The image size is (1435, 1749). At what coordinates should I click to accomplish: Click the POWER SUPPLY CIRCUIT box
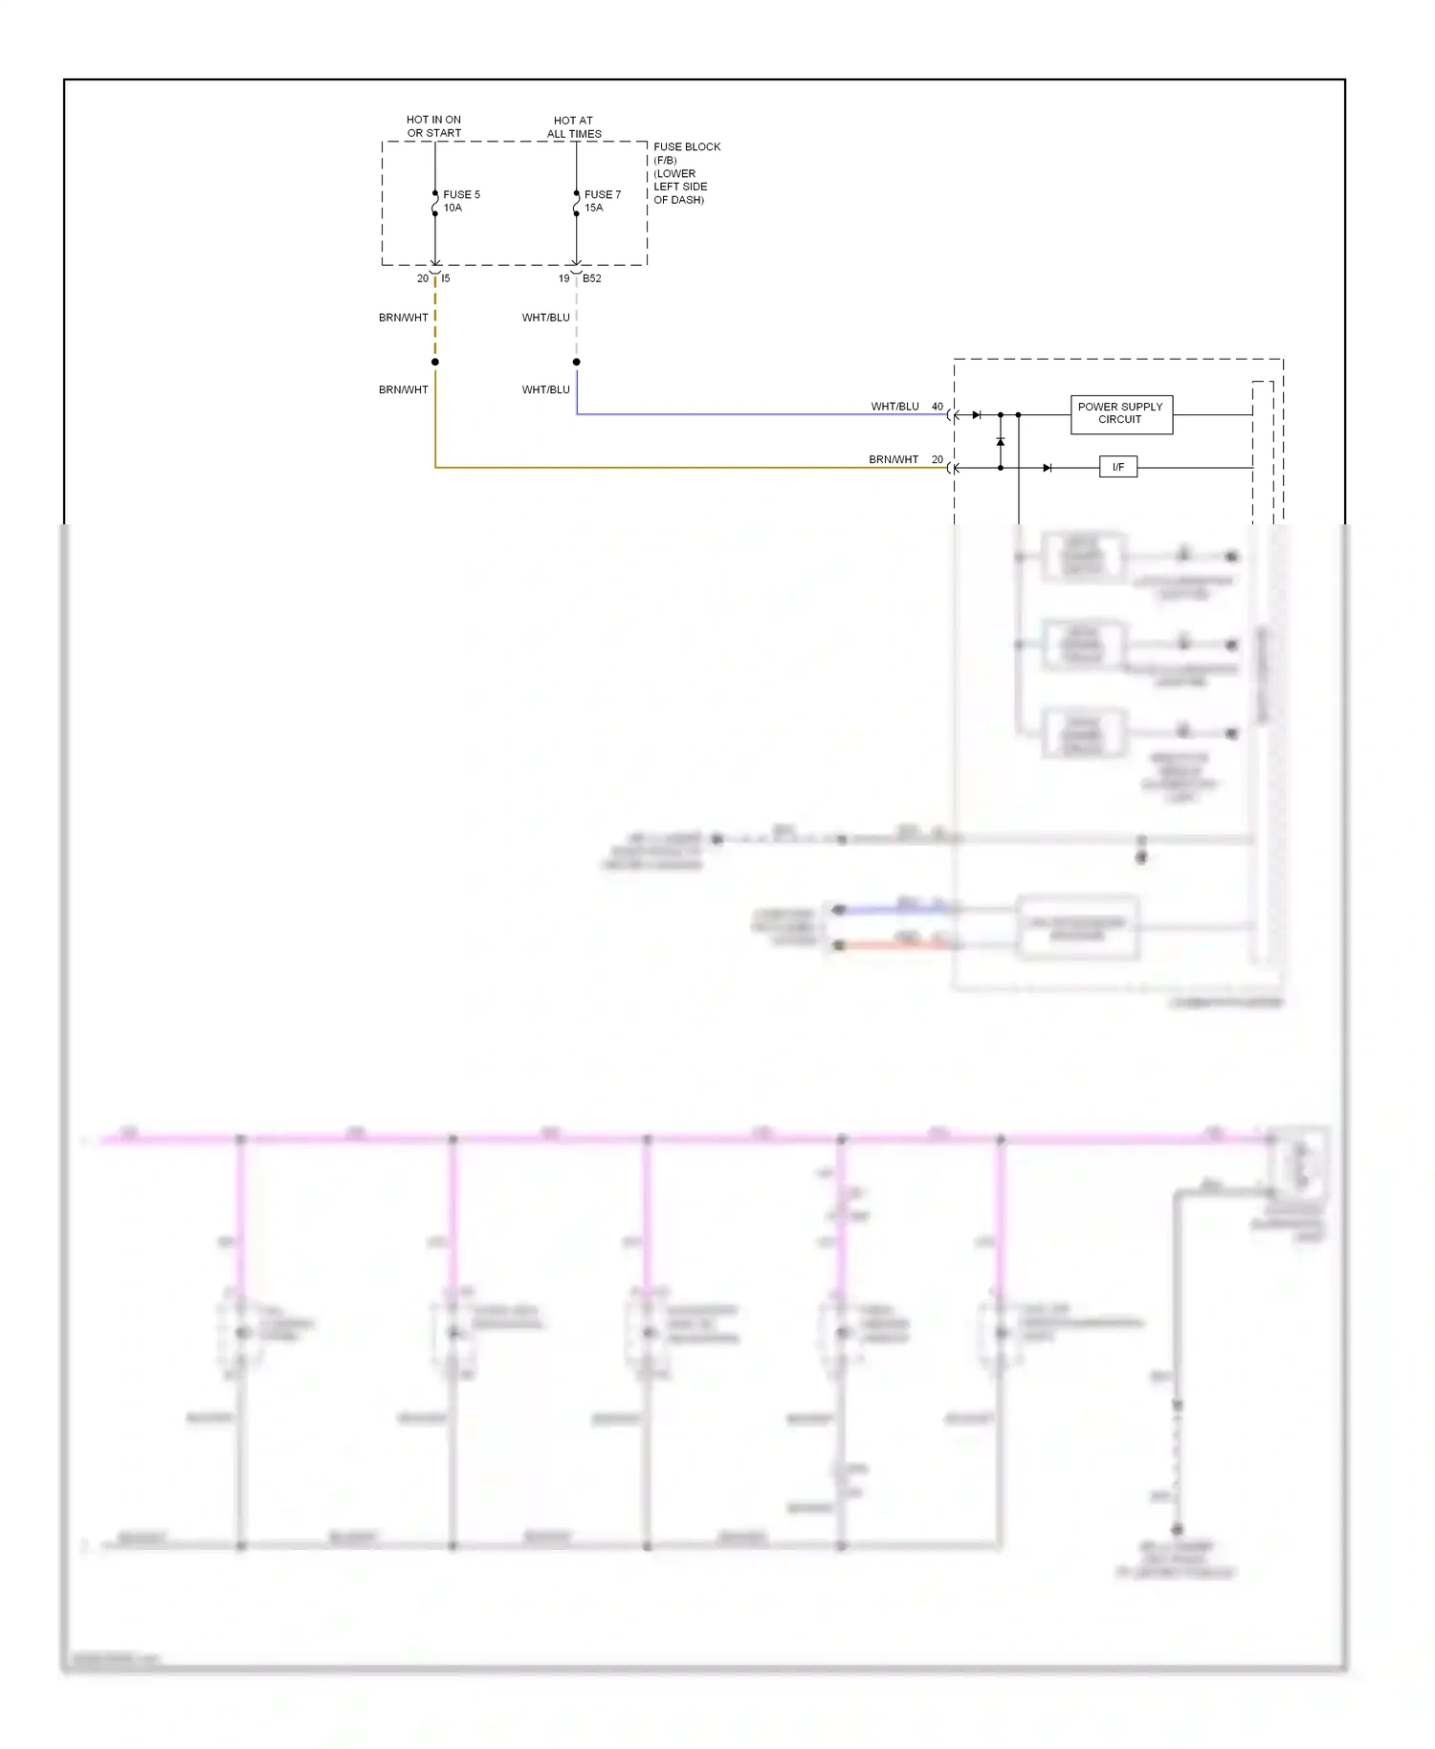pos(1120,413)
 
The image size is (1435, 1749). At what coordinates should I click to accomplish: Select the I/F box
pos(1117,467)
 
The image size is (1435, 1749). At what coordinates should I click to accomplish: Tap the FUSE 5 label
pos(461,194)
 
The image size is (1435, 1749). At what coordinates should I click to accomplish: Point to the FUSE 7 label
pos(602,194)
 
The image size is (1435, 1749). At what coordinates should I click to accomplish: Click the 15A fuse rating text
pos(593,208)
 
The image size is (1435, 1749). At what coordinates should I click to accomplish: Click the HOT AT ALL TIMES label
pos(573,127)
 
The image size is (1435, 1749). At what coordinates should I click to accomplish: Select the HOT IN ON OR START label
pos(433,126)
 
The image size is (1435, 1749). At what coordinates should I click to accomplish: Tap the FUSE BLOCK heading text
pos(686,146)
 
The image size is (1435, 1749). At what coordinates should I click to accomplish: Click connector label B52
pos(592,278)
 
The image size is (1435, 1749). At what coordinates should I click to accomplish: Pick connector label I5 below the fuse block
pos(446,278)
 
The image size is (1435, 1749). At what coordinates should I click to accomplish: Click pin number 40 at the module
pos(938,407)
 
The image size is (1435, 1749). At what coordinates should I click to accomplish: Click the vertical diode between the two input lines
pos(1000,442)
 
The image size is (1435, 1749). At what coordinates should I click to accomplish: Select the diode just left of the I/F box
pos(1047,468)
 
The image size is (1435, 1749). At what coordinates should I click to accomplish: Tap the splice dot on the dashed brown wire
pos(434,362)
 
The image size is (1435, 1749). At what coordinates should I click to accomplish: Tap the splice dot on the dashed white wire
pos(576,362)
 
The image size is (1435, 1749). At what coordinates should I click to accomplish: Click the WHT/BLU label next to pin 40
pos(894,407)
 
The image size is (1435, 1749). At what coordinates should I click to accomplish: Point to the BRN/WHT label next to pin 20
pos(893,459)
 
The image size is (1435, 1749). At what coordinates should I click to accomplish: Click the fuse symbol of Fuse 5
pos(434,203)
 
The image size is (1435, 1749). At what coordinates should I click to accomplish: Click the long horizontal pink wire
pos(670,1139)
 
